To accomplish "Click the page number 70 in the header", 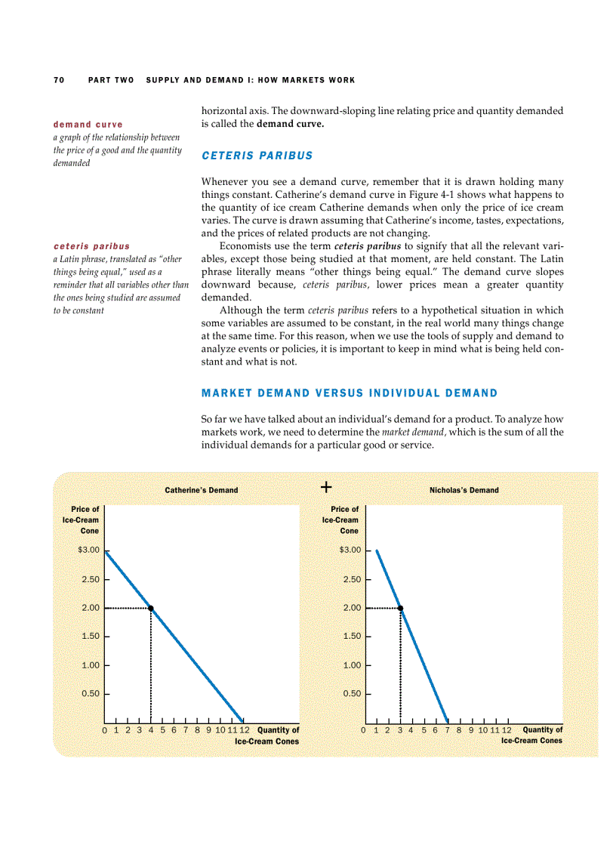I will (x=58, y=80).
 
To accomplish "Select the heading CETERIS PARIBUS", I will (x=257, y=156).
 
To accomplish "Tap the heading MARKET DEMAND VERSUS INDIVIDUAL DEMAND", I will (x=350, y=393).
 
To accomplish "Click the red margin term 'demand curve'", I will (x=88, y=124).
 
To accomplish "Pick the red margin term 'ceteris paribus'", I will (x=91, y=246).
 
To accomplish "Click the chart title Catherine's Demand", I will (x=202, y=490).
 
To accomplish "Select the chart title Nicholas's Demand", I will (x=464, y=490).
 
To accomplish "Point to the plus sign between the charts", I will (x=326, y=487).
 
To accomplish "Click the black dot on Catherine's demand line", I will (x=151, y=608).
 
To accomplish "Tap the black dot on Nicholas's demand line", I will (x=400, y=608).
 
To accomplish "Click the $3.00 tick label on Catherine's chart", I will (x=89, y=550).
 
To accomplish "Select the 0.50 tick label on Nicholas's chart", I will (x=353, y=693).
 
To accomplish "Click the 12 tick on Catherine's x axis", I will (x=244, y=730).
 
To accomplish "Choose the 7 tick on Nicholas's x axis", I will (x=447, y=730).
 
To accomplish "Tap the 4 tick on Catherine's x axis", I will (x=151, y=730).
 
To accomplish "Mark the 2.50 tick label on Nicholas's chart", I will (x=353, y=579).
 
